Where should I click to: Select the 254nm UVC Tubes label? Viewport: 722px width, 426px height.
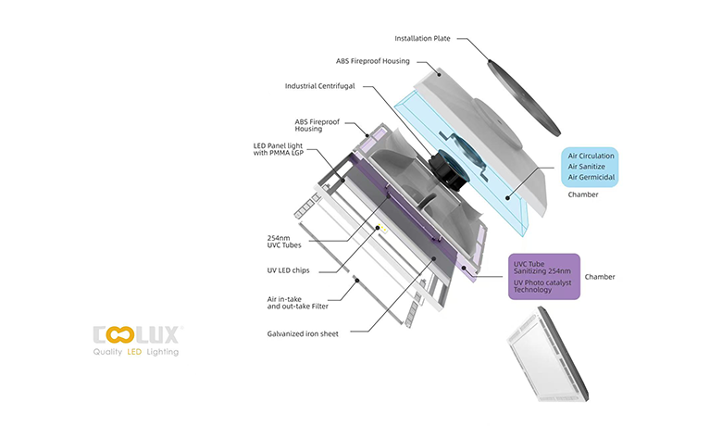point(283,242)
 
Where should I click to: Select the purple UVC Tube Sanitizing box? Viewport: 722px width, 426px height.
point(544,277)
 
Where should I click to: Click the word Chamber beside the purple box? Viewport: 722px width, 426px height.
point(600,277)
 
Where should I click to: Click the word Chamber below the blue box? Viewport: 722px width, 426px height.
point(583,195)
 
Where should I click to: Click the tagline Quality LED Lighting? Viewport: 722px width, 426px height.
point(136,353)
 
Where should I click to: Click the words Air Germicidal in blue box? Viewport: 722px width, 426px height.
point(591,177)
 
